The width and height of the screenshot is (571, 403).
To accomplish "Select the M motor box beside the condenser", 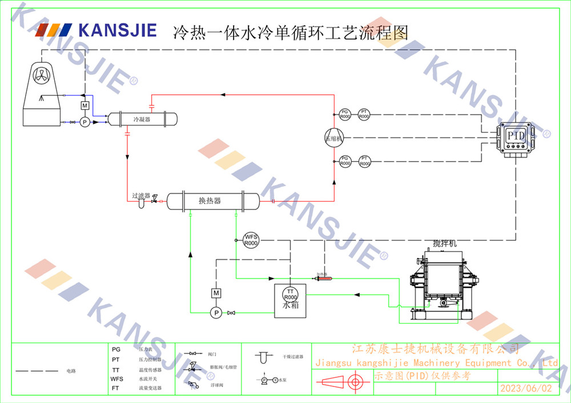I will (85, 106).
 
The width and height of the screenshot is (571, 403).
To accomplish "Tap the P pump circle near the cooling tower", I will (85, 122).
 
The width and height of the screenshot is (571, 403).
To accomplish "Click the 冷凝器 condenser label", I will (142, 119).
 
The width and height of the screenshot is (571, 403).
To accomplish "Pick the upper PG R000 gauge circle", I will (345, 114).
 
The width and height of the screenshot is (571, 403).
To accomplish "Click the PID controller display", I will (516, 136).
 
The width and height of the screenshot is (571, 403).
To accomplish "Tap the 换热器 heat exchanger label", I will (210, 201).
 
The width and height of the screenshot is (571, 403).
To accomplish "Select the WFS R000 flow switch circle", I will (251, 240).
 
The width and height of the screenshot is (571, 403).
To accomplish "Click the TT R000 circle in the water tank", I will (291, 295).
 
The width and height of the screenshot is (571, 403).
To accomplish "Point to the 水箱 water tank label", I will (291, 306).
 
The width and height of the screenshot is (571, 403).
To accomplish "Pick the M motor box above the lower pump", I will (216, 293).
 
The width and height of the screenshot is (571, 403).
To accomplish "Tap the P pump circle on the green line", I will (216, 312).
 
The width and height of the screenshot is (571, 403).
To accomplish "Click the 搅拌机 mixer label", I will (444, 244).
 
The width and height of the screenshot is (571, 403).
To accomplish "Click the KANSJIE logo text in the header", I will (117, 30).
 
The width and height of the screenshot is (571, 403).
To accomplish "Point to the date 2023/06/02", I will (526, 388).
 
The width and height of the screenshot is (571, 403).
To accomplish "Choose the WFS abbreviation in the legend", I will (116, 378).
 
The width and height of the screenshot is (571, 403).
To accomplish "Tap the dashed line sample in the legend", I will (37, 371).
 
